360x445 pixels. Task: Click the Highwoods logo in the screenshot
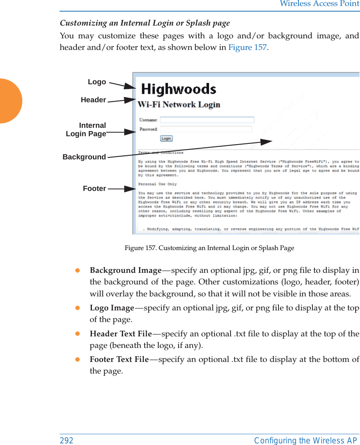pos(179,89)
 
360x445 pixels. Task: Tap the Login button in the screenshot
pos(166,138)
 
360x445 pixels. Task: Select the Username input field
pos(207,120)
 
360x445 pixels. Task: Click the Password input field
pos(206,129)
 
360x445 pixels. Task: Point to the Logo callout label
pos(97,82)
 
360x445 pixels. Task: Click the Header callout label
pos(93,100)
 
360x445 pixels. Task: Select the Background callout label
pos(84,157)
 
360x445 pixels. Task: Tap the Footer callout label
pos(95,189)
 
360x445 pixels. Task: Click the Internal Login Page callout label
pos(86,129)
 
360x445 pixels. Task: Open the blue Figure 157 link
pos(247,48)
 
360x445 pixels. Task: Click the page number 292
pos(67,440)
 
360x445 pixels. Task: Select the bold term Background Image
pos(125,270)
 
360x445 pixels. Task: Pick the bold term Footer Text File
pos(119,359)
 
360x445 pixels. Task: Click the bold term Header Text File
pos(121,334)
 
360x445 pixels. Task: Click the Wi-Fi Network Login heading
pos(179,105)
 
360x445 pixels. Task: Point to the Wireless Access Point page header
pos(319,4)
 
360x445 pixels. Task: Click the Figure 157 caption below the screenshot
pos(209,248)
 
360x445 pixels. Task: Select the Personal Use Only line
pos(157,184)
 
